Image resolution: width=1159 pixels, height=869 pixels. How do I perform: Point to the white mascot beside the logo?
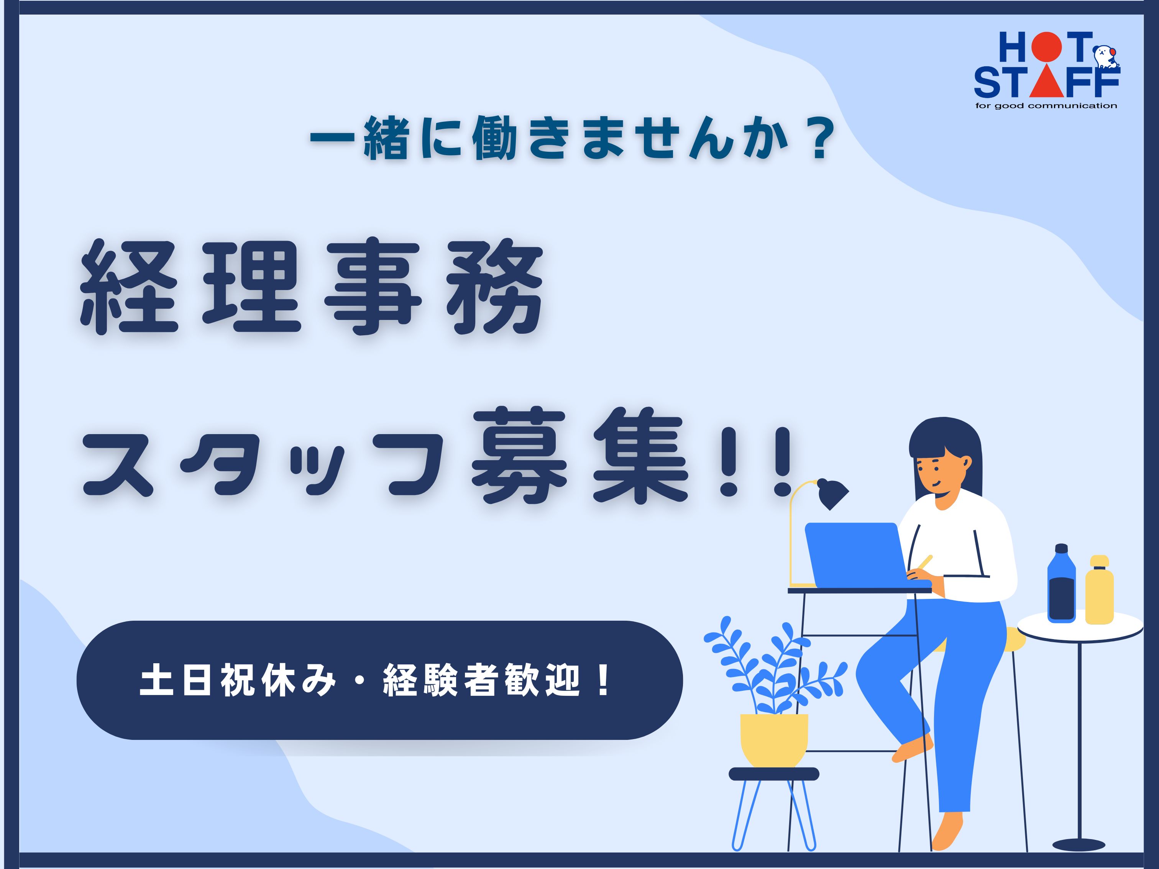[x=1105, y=57]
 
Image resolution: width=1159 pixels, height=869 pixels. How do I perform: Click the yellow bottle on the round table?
[x=1099, y=589]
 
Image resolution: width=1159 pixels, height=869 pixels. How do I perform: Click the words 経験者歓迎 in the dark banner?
[x=481, y=681]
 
